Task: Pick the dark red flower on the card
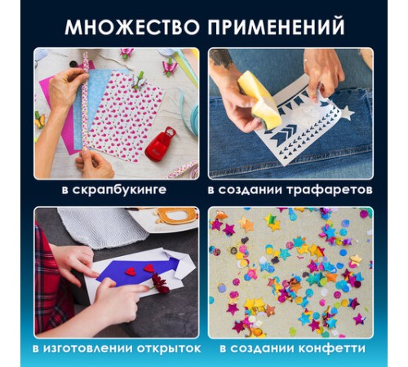162,284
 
